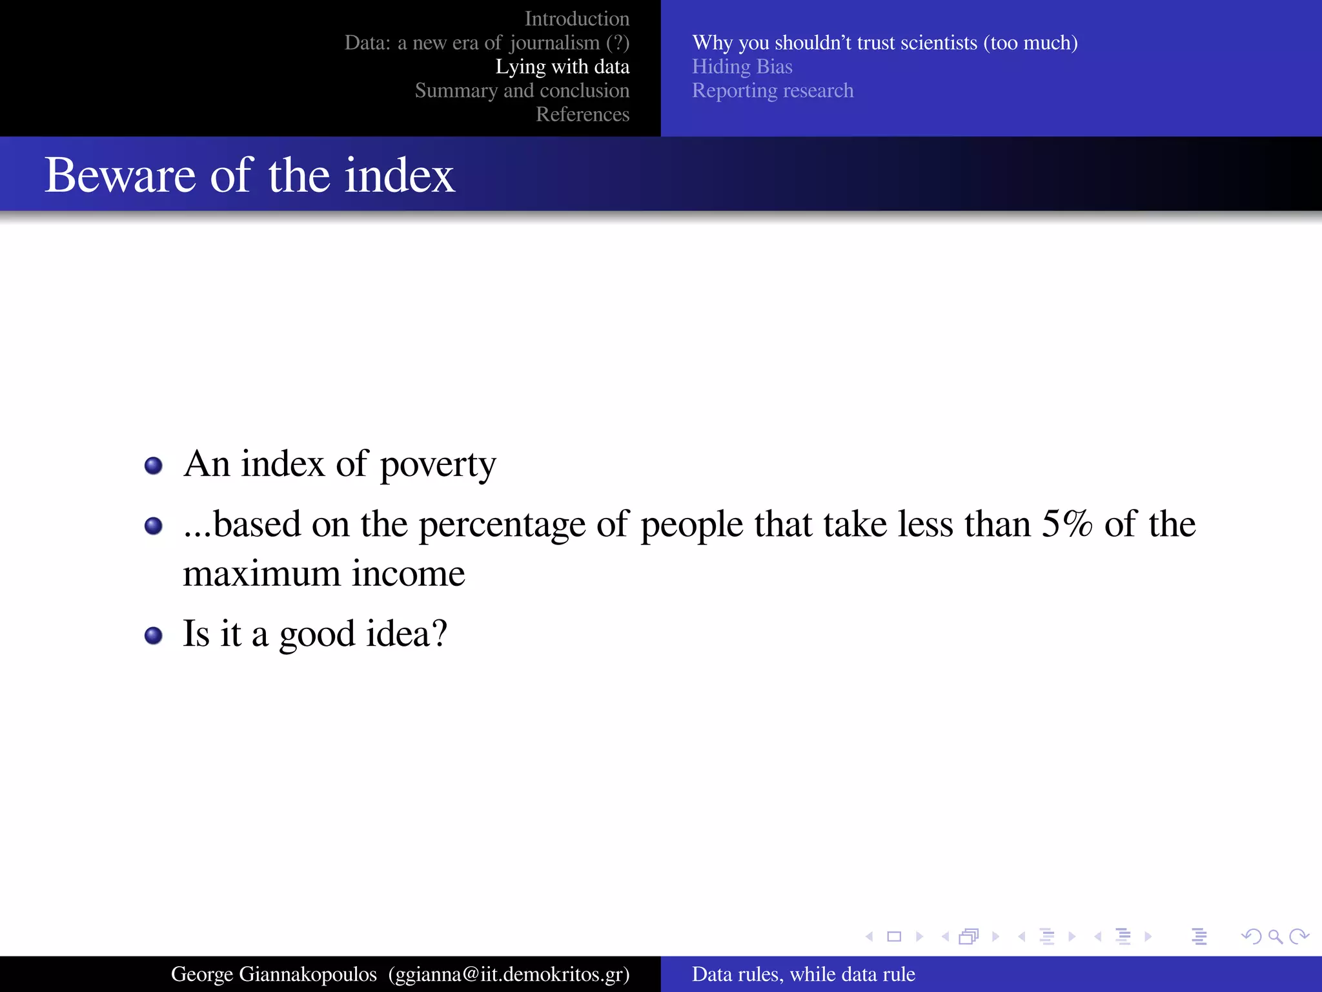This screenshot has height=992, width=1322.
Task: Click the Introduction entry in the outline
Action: point(576,19)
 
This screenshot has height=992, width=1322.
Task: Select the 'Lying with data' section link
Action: point(562,67)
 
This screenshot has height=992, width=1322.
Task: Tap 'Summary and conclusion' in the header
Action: point(522,90)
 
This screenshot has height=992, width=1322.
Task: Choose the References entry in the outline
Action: point(582,114)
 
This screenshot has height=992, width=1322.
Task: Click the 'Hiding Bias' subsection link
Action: point(742,67)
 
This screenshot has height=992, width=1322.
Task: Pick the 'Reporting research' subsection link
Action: point(772,90)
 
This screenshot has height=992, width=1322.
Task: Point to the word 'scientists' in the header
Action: point(939,43)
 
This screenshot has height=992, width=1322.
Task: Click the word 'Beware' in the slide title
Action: point(120,175)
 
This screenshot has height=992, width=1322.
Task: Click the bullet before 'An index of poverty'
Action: point(153,466)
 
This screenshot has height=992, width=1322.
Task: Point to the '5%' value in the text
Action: point(1066,524)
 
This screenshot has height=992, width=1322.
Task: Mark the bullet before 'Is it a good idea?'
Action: point(153,635)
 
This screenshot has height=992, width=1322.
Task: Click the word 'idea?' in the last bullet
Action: point(406,634)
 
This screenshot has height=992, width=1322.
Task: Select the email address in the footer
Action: point(509,974)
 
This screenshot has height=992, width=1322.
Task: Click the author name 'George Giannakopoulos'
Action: point(274,974)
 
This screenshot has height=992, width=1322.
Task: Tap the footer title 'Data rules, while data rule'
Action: point(803,974)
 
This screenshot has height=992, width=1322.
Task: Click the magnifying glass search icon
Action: point(1275,936)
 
